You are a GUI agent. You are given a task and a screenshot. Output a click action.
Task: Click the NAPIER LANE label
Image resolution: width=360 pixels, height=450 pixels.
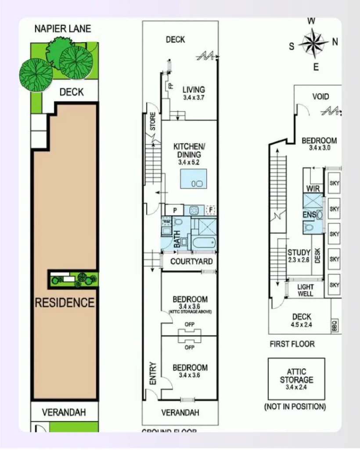(x=63, y=29)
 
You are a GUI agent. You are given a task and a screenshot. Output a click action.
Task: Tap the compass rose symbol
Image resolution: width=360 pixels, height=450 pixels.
(x=313, y=44)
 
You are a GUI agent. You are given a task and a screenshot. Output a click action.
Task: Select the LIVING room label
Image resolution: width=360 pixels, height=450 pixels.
(x=194, y=90)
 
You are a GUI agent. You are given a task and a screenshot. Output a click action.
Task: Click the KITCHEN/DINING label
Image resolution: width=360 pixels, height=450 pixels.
(x=189, y=150)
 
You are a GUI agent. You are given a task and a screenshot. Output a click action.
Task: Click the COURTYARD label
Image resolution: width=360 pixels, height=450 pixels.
(x=191, y=262)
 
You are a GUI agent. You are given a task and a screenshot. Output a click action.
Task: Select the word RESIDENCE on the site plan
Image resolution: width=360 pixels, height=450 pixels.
(x=65, y=302)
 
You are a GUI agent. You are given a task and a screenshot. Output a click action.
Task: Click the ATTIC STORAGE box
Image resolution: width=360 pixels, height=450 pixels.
(x=296, y=379)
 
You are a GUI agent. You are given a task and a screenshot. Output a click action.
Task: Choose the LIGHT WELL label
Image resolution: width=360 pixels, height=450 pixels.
(x=306, y=290)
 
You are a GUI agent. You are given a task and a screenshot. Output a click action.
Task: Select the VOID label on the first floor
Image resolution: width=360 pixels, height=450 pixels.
(x=320, y=97)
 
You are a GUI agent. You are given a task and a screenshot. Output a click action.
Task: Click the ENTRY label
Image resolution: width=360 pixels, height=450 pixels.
(x=153, y=374)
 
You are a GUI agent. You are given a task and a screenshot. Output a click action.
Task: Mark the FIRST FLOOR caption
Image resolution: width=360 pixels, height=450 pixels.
(x=292, y=344)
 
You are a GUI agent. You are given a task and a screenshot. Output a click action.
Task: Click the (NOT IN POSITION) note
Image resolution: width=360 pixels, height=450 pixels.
(x=295, y=406)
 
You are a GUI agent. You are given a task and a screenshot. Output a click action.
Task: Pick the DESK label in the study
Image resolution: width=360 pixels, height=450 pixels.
(x=318, y=255)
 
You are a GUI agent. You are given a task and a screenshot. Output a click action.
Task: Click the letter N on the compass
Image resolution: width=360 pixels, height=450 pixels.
(x=335, y=42)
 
